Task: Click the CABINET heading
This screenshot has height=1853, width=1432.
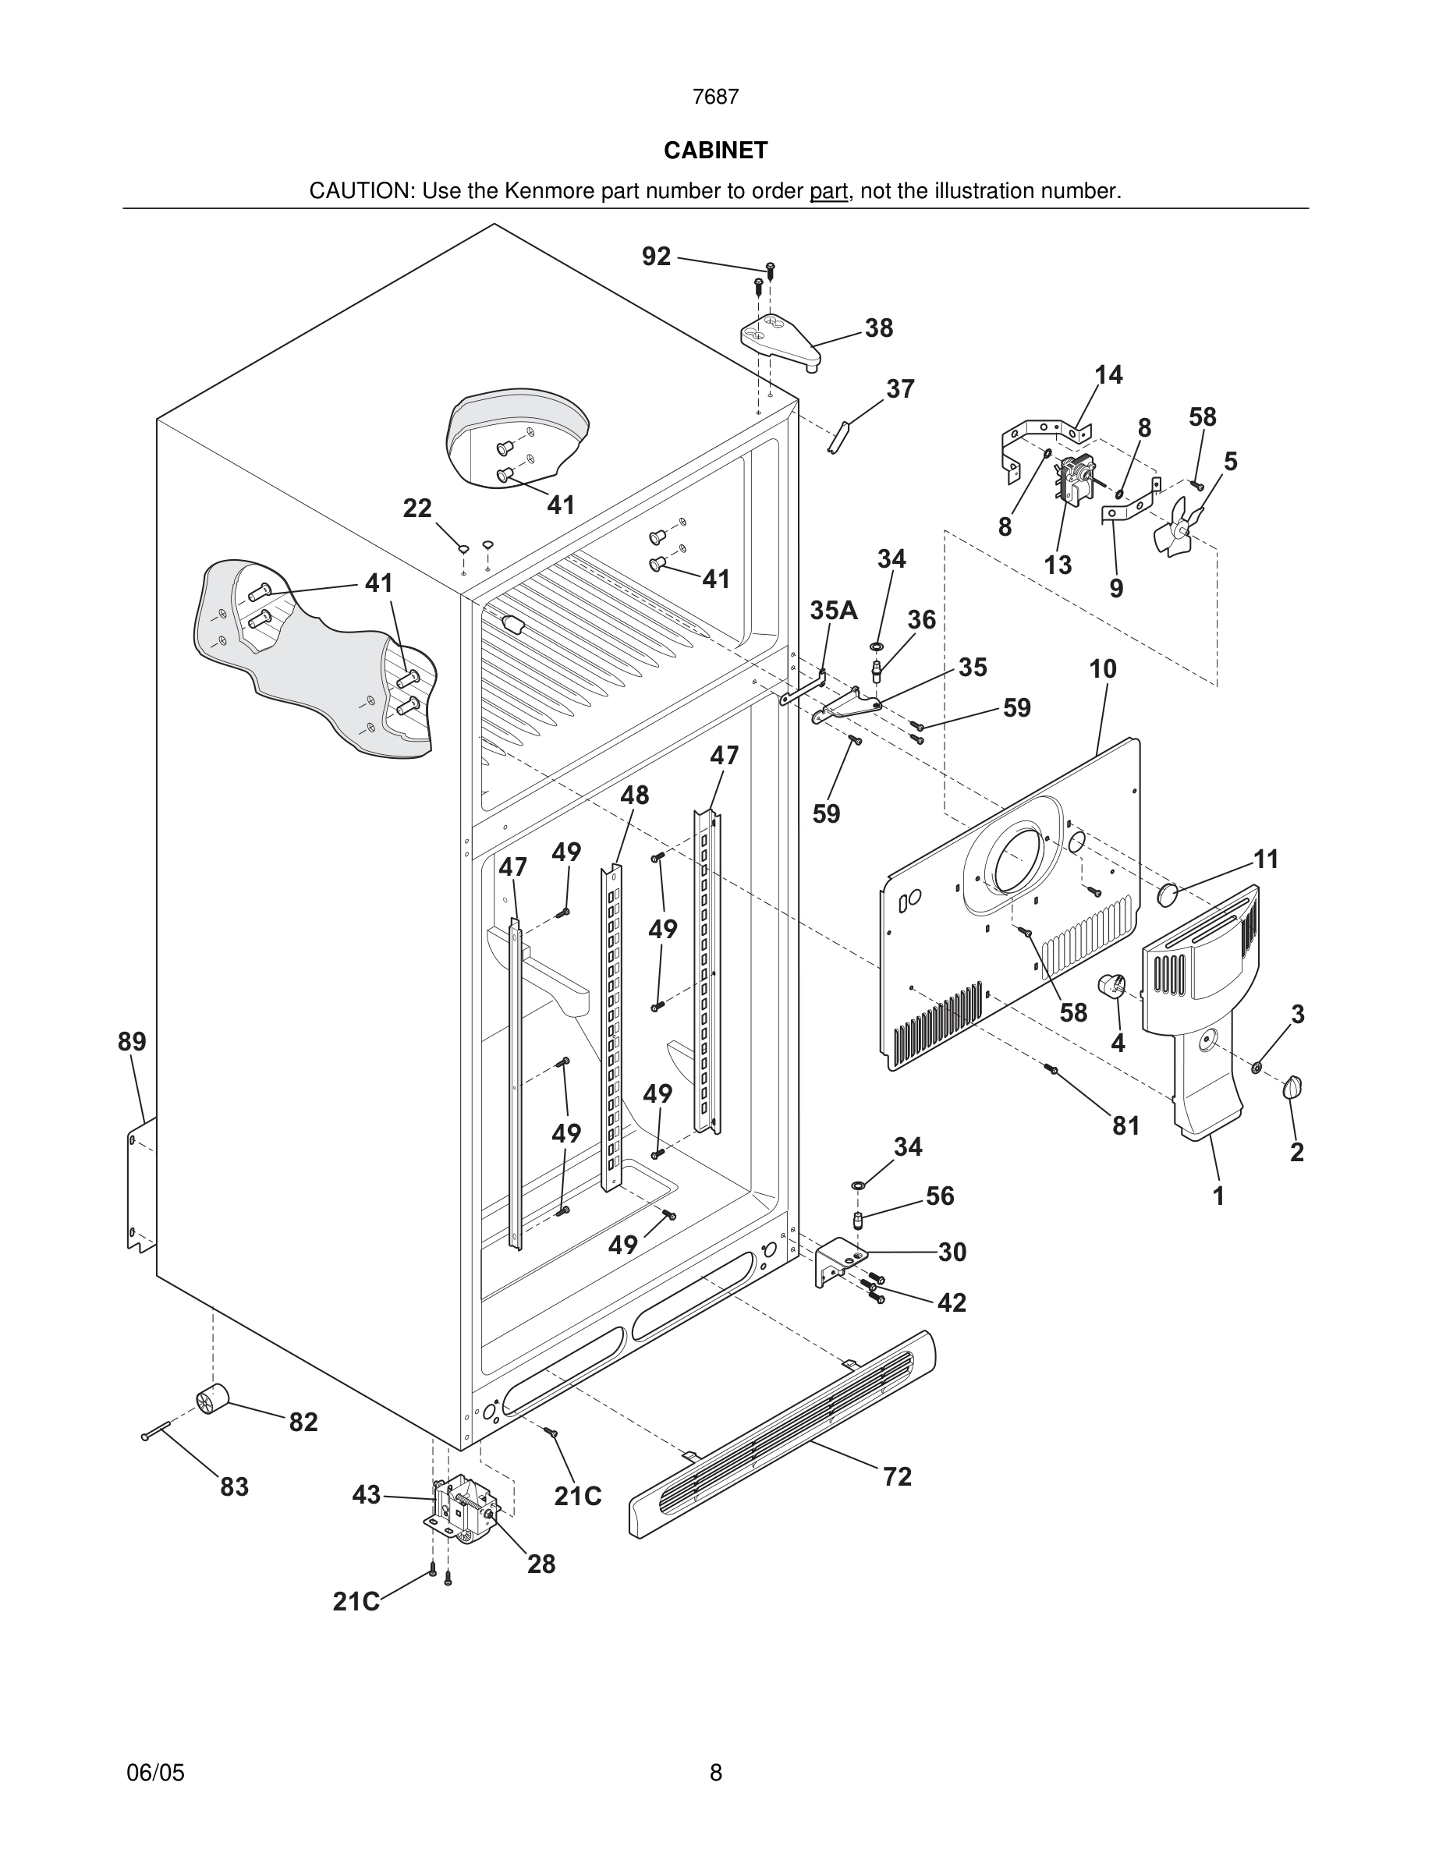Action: pos(715,151)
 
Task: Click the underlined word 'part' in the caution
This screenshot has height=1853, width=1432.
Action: pos(828,192)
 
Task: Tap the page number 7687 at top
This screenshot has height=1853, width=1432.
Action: pos(715,97)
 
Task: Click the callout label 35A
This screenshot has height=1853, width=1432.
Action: pos(833,610)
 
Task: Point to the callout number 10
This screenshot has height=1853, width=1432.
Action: pos(1103,668)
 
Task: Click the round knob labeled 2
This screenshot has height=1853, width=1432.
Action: pos(1294,1087)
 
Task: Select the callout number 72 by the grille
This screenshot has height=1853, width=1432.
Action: pos(897,1476)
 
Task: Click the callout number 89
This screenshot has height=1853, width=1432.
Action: pos(132,1041)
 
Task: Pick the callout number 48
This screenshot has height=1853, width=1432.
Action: pos(635,795)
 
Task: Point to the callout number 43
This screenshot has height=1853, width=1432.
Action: pos(367,1495)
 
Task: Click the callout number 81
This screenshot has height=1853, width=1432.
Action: pos(1125,1125)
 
